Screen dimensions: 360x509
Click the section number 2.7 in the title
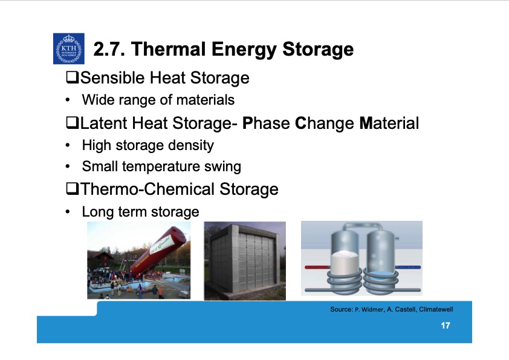109,49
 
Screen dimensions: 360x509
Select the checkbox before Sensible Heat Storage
72,78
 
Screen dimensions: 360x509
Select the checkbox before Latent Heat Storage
72,124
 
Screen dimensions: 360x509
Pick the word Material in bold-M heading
389,124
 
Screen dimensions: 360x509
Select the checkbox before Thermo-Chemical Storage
72,189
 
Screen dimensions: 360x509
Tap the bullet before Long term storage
70,212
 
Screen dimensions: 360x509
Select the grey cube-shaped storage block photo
244,261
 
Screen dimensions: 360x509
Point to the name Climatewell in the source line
435,309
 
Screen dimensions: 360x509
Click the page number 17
445,327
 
